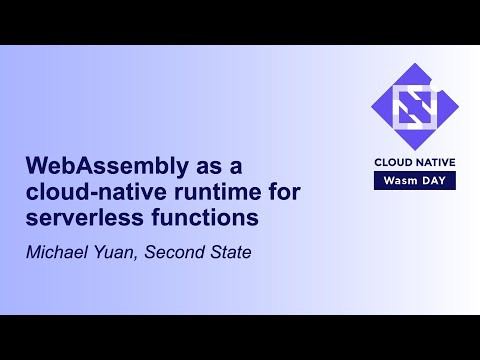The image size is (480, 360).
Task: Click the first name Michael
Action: click(x=57, y=251)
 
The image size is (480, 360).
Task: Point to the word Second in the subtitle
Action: click(x=176, y=251)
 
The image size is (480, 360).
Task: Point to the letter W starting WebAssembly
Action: click(x=36, y=164)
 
